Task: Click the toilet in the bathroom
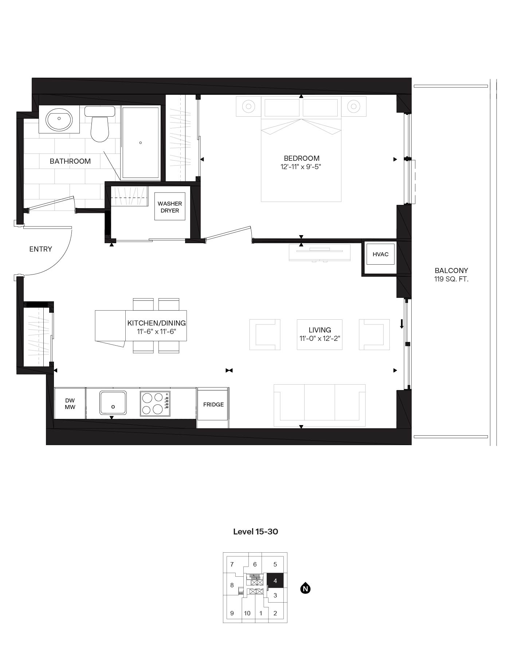[x=99, y=128]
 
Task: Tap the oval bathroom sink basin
[x=59, y=119]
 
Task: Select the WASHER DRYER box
[x=170, y=207]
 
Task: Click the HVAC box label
[x=380, y=254]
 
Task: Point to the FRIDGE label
[x=213, y=404]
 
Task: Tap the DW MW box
[x=70, y=404]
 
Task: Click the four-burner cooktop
[x=155, y=404]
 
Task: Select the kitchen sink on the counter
[x=113, y=402]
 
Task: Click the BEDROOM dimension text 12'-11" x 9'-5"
[x=301, y=167]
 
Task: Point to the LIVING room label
[x=319, y=330]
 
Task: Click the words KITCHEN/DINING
[x=156, y=323]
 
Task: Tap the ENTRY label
[x=41, y=249]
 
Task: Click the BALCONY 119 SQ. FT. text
[x=451, y=275]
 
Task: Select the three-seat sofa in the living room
[x=319, y=405]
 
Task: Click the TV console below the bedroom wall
[x=319, y=252]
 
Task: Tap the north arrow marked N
[x=305, y=588]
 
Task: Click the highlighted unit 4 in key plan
[x=275, y=580]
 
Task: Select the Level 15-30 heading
[x=255, y=532]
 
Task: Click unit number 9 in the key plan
[x=232, y=613]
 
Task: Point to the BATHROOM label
[x=70, y=161]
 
